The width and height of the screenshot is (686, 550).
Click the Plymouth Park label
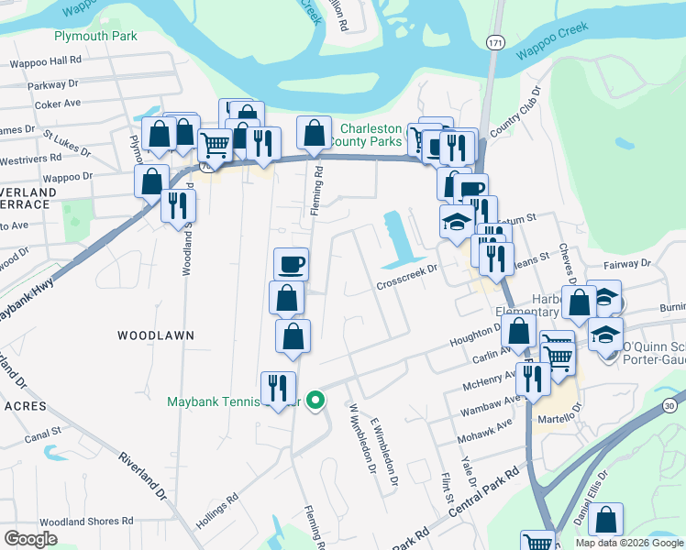point(94,36)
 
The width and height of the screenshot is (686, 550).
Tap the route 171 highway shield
point(495,43)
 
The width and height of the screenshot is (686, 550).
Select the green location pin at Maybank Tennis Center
point(315,401)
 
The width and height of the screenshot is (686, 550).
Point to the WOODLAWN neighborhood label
point(156,335)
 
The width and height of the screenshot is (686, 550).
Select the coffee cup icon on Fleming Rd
point(292,264)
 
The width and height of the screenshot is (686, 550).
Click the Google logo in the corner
point(30,539)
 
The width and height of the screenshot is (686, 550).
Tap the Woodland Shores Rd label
point(87,521)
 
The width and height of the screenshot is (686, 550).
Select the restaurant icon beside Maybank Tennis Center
point(277,387)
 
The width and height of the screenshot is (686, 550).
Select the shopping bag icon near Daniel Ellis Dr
point(605,519)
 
